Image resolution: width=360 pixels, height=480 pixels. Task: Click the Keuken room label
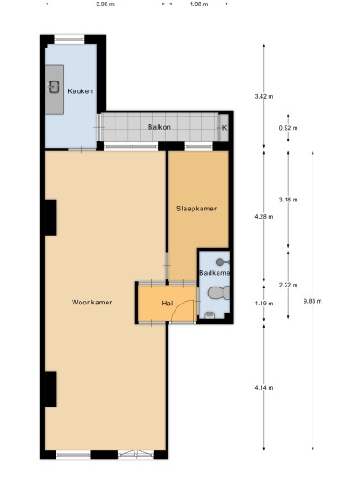[81, 91]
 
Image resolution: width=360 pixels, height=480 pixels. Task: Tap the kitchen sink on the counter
[55, 87]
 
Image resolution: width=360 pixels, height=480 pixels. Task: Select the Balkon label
[159, 127]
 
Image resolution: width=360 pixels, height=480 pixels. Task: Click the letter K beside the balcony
[225, 128]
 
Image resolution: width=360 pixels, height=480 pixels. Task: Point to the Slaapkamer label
[196, 209]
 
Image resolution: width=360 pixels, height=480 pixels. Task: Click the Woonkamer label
[92, 303]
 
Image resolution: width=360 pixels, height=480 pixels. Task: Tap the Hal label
[167, 303]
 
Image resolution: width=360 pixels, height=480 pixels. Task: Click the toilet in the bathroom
[219, 293]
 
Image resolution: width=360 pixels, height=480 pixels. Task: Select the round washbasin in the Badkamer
[219, 261]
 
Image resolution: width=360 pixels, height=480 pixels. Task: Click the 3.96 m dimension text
[105, 4]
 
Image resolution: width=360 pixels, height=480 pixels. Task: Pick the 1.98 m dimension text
[199, 4]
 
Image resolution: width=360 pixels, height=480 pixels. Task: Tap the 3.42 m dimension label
[264, 96]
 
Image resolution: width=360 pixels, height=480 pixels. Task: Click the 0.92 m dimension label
[288, 128]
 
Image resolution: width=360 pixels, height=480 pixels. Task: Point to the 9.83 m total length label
[313, 301]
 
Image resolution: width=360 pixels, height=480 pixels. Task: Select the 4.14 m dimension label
[264, 388]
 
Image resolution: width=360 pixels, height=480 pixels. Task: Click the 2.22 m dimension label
[288, 285]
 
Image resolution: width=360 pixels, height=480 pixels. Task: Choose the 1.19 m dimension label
[264, 304]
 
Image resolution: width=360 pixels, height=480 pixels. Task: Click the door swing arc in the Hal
[177, 306]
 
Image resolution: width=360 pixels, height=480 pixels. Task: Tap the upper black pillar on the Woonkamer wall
[51, 218]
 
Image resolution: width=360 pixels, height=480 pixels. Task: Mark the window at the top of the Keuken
[70, 39]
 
